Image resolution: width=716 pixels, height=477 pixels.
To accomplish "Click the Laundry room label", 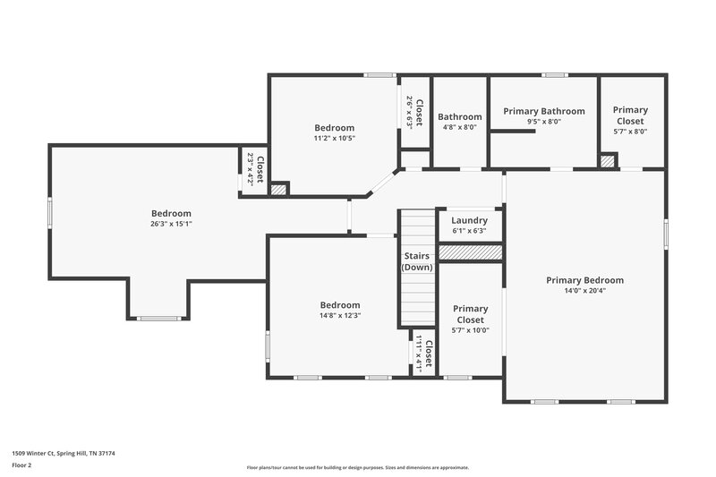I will [469, 220].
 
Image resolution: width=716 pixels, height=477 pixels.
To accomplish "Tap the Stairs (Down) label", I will [416, 261].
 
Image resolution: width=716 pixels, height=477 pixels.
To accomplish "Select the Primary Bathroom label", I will [543, 111].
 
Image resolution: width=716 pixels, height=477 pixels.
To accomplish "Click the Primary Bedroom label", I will [584, 280].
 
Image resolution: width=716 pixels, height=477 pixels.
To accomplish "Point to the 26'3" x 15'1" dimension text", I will [171, 224].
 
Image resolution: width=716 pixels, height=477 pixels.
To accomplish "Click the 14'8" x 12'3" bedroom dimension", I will [340, 315].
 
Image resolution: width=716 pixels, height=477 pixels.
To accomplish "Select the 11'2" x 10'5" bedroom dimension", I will [334, 138].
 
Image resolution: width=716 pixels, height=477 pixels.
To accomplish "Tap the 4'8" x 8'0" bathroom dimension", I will [459, 127].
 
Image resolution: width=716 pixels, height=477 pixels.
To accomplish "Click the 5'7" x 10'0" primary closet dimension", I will [470, 330].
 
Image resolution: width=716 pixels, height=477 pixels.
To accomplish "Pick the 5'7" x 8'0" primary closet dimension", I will [630, 132].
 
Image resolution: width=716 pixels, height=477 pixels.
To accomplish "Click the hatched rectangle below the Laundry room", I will [470, 253].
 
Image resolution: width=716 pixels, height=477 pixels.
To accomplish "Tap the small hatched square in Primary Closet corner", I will [609, 161].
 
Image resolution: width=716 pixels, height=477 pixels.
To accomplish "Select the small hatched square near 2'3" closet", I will [279, 189].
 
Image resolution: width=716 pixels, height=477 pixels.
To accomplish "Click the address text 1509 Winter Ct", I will [64, 453].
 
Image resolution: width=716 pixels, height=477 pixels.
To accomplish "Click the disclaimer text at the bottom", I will [358, 467].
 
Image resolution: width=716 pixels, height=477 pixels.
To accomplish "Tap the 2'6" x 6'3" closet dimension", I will [409, 113].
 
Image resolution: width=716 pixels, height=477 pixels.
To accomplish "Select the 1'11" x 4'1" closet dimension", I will [418, 353].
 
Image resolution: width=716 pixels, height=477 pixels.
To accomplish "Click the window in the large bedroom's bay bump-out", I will [158, 318].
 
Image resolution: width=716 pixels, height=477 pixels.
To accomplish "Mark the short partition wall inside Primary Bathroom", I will [514, 132].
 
